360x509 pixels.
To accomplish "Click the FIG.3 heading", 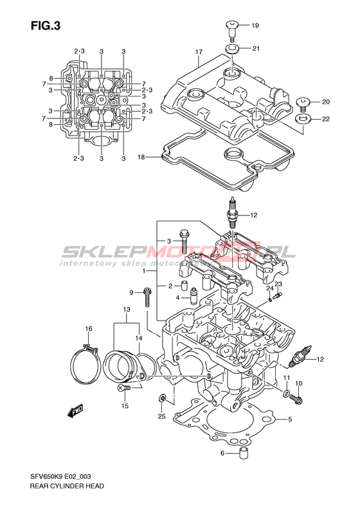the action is coord(46,26).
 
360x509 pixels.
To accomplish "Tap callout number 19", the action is coord(255,25).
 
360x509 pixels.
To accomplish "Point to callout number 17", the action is coord(199,52).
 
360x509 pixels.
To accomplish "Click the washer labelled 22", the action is coord(303,119).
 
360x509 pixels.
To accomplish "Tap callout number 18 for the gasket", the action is coord(141,158).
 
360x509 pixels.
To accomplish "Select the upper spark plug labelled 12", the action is coord(232,212).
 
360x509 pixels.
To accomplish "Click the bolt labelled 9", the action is coord(147,297).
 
